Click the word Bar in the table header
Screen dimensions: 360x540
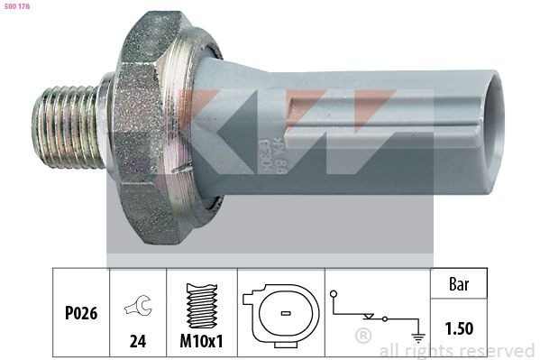(x=461, y=284)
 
